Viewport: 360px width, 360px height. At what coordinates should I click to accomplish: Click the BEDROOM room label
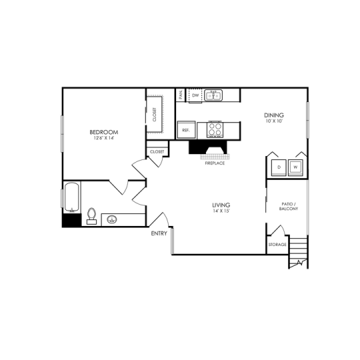[x=103, y=132]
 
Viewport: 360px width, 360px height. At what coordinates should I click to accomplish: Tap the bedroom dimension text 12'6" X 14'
[x=103, y=139]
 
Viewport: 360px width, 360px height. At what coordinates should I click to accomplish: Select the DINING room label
[x=275, y=115]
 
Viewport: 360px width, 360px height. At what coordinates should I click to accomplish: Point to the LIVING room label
[x=221, y=205]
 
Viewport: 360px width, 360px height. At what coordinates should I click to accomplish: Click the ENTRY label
[x=159, y=233]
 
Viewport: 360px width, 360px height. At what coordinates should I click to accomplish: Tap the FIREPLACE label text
[x=214, y=163]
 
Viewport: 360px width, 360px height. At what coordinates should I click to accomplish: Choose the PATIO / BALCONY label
[x=289, y=206]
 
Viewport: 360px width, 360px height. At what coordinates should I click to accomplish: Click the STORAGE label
[x=277, y=245]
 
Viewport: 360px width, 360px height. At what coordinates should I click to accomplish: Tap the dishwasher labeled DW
[x=195, y=96]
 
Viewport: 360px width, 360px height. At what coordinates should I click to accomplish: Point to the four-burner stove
[x=215, y=128]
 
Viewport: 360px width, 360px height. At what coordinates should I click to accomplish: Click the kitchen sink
[x=214, y=96]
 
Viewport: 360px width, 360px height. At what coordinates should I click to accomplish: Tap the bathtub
[x=71, y=196]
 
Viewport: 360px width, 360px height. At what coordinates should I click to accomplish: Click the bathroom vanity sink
[x=112, y=219]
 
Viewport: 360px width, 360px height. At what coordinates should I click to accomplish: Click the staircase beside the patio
[x=298, y=253]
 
